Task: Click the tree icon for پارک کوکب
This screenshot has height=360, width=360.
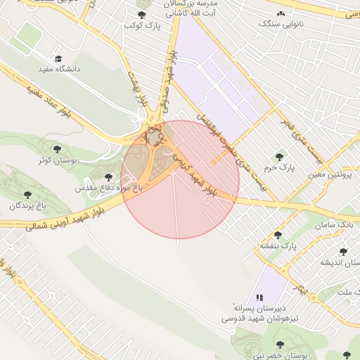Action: tap(141, 15)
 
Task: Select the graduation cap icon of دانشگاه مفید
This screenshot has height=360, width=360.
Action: tap(58, 58)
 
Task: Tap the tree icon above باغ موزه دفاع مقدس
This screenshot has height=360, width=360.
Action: tap(108, 178)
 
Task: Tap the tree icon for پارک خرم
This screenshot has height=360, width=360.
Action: tap(279, 157)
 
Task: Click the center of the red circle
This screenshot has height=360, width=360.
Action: tap(180, 179)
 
